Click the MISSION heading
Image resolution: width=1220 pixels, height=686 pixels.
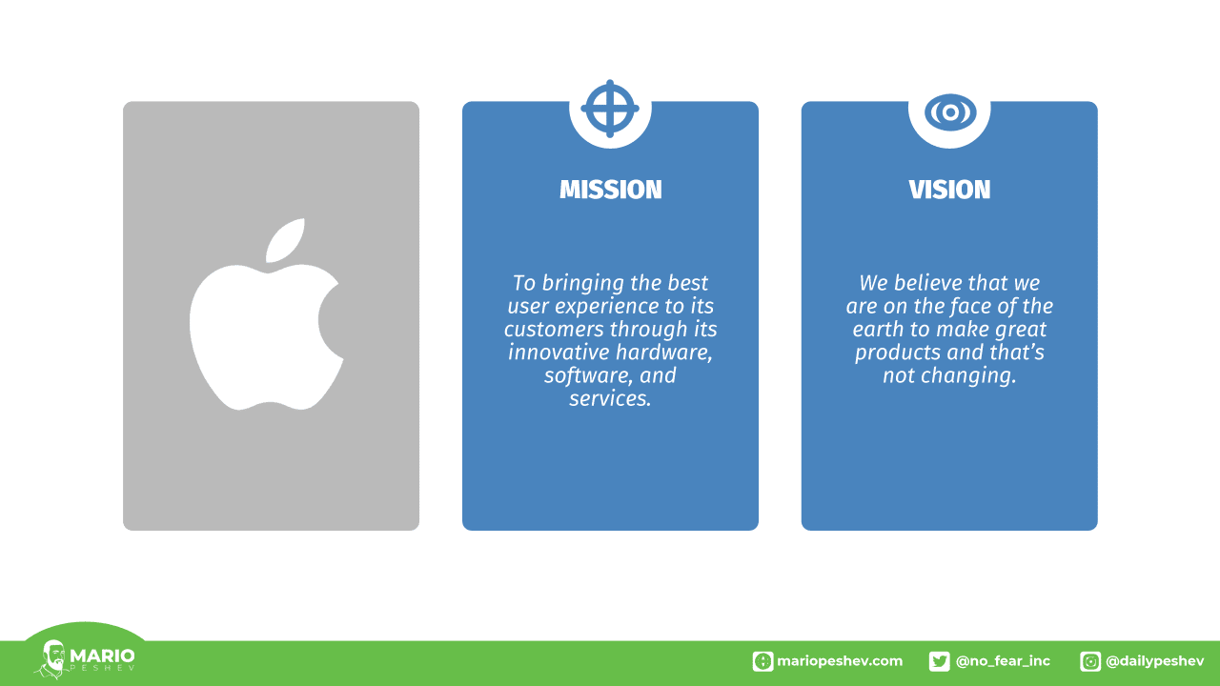[611, 190]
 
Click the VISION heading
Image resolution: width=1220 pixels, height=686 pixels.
[949, 190]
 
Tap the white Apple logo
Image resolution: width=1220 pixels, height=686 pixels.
[266, 314]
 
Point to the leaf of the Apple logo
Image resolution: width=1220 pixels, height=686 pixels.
[285, 240]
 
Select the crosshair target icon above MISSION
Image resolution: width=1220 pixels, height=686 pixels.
[610, 109]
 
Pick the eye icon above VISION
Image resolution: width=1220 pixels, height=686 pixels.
[950, 112]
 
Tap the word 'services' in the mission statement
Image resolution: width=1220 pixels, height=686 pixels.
[610, 398]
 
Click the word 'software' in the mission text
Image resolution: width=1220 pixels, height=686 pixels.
[585, 375]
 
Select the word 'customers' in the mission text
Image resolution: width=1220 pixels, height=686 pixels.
[554, 330]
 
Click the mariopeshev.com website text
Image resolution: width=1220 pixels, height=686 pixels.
[840, 661]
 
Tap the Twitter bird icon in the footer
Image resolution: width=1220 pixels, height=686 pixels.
[940, 661]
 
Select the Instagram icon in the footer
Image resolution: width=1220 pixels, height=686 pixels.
[1089, 661]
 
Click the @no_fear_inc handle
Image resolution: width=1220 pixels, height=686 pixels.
[1003, 661]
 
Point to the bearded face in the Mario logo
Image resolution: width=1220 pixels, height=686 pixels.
[55, 657]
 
